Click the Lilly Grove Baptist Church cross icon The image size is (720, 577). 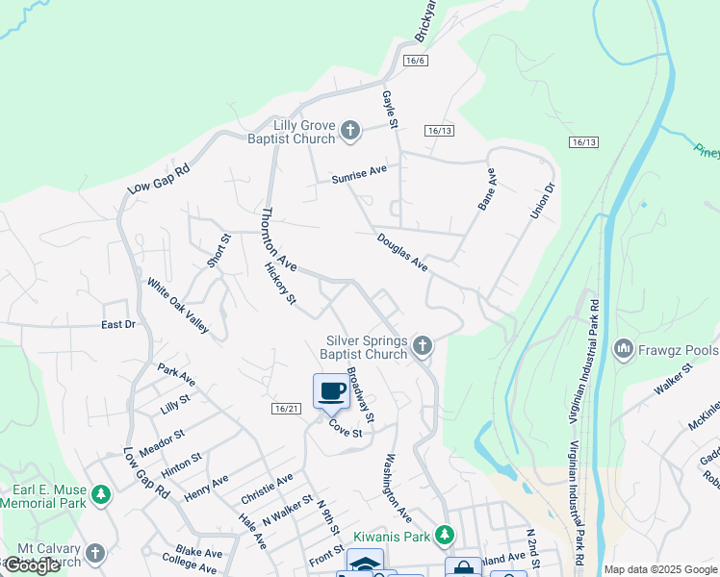[350, 131]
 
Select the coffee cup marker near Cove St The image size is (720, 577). [331, 390]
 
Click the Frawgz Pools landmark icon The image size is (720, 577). [623, 348]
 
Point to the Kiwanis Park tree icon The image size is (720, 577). [444, 533]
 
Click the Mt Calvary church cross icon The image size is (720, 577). [93, 553]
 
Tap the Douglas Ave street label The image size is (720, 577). [401, 251]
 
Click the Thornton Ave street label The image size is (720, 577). [279, 238]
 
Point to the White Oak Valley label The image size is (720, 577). [178, 306]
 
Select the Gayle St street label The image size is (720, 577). [390, 110]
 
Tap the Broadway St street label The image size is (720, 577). [359, 395]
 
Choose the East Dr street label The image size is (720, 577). [118, 325]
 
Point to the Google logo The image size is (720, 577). [32, 565]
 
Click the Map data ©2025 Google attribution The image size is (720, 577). [660, 569]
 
